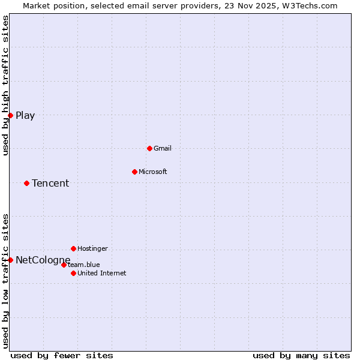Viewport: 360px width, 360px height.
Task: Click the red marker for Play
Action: (x=10, y=115)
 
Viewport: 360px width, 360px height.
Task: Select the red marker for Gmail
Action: (x=149, y=148)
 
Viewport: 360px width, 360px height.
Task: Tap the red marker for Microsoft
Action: (x=134, y=172)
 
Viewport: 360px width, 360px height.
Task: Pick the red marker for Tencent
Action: (x=26, y=183)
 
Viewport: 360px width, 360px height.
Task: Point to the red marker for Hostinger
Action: (x=73, y=248)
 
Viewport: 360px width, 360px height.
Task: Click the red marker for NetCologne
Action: (x=10, y=260)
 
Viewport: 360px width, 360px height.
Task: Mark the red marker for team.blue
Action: (x=64, y=265)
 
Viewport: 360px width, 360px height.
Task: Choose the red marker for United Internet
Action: (x=73, y=273)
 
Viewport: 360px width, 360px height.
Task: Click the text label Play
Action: (x=25, y=116)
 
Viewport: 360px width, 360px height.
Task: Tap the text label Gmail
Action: (x=163, y=148)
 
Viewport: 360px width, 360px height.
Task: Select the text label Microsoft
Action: (x=153, y=172)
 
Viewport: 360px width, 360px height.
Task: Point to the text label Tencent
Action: (x=50, y=184)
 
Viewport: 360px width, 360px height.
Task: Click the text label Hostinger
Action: (x=93, y=248)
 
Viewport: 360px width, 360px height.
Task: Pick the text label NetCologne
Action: (x=43, y=260)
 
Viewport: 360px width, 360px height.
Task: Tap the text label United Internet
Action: (x=102, y=273)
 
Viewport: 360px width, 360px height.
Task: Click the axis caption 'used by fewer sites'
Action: (x=62, y=355)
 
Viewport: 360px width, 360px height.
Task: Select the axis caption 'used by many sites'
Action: (x=301, y=355)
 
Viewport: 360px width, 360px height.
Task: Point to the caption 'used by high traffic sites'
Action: (x=5, y=85)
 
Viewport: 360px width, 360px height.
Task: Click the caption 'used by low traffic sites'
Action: (x=5, y=281)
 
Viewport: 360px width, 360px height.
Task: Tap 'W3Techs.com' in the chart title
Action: (x=314, y=5)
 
